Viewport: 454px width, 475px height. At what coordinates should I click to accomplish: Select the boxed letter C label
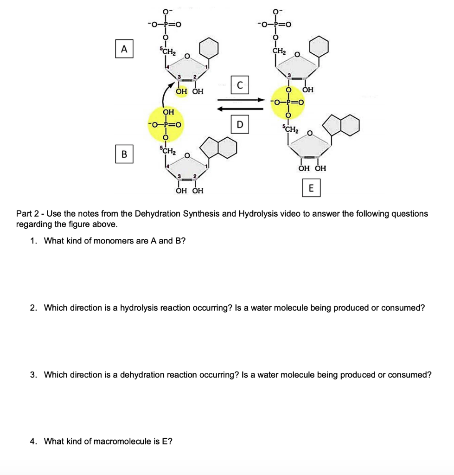click(239, 85)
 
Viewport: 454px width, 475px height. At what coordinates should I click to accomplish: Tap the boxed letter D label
click(239, 125)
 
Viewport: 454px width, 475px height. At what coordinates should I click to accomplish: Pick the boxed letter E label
click(311, 188)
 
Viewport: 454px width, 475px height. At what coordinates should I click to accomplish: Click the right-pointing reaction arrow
click(239, 100)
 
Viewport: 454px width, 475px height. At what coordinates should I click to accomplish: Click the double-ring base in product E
click(344, 125)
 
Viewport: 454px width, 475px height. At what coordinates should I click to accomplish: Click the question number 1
click(32, 241)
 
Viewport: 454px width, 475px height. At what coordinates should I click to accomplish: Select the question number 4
click(32, 441)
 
